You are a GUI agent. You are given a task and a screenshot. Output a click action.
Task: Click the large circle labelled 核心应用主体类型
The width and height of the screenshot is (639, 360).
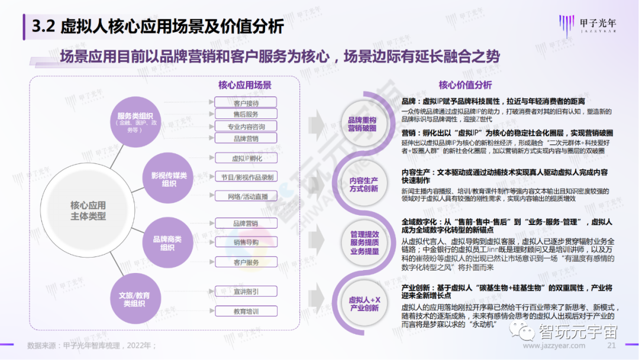click(x=88, y=210)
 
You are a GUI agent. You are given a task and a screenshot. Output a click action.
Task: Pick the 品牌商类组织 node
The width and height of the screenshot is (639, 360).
click(x=167, y=243)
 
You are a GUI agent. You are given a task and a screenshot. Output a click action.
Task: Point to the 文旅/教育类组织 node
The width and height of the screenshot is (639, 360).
click(x=134, y=299)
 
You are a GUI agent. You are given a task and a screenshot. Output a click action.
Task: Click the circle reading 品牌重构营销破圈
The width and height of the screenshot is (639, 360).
click(x=362, y=124)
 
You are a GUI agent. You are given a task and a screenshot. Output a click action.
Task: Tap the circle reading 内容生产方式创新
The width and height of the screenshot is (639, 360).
click(x=363, y=184)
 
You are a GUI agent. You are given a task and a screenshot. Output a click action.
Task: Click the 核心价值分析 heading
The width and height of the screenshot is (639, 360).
click(x=465, y=85)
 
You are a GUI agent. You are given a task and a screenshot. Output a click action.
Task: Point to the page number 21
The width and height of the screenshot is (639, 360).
click(x=612, y=345)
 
